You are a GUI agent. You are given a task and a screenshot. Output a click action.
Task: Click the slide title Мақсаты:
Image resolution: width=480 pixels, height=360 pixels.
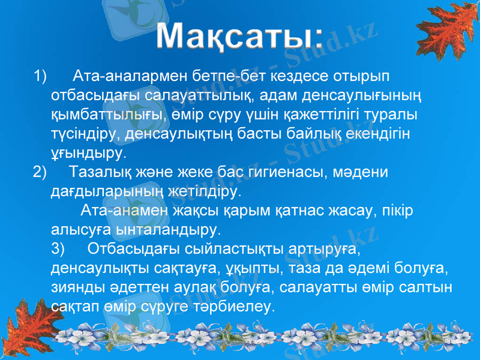(x=240, y=37)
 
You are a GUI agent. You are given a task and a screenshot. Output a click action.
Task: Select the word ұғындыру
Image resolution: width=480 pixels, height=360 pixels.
(x=88, y=153)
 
